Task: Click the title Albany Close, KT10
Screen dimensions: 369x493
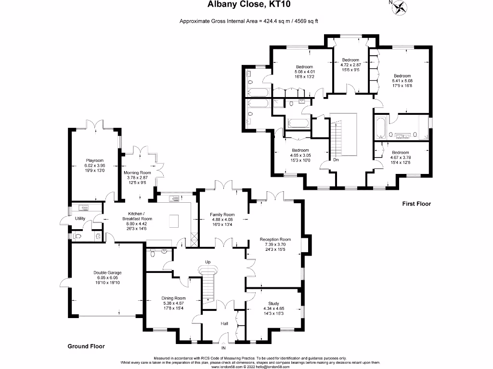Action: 248,5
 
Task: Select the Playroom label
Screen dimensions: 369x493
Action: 94,160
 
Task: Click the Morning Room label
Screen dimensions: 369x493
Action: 137,172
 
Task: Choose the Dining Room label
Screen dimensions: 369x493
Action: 173,298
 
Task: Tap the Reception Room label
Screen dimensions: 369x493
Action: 275,239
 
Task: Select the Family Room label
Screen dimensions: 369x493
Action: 222,215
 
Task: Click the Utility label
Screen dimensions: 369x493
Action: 80,219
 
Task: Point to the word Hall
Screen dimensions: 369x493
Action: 224,324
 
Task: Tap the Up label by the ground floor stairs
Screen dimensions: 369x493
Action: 208,262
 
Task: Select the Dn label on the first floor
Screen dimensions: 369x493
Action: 336,160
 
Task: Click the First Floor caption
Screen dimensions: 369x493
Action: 416,204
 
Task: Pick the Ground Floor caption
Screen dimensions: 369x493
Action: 86,346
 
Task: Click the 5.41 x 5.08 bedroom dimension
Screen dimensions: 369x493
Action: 402,81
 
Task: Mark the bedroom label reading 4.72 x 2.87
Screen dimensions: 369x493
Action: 350,65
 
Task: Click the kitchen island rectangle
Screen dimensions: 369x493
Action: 174,221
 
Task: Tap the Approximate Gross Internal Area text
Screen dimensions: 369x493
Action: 249,21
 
